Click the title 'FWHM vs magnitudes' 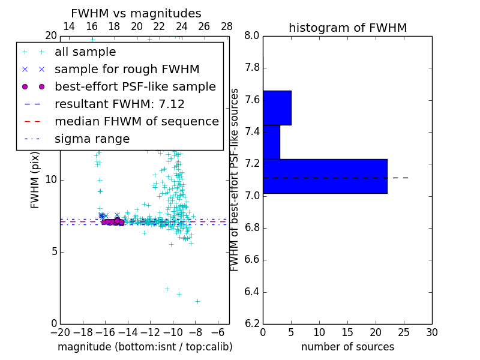click(136, 13)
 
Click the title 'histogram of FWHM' click(347, 28)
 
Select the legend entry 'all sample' click(85, 52)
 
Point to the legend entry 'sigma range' click(92, 139)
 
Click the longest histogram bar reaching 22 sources click(325, 176)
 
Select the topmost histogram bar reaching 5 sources click(277, 107)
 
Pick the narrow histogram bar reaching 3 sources click(271, 142)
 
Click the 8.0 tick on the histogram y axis click(253, 35)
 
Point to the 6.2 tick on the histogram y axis click(253, 324)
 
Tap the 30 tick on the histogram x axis click(431, 332)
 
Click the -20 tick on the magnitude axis click(60, 332)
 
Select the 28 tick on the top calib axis click(227, 26)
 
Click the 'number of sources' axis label click(347, 347)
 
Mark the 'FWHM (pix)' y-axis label click(35, 180)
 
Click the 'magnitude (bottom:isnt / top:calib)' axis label click(145, 347)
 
